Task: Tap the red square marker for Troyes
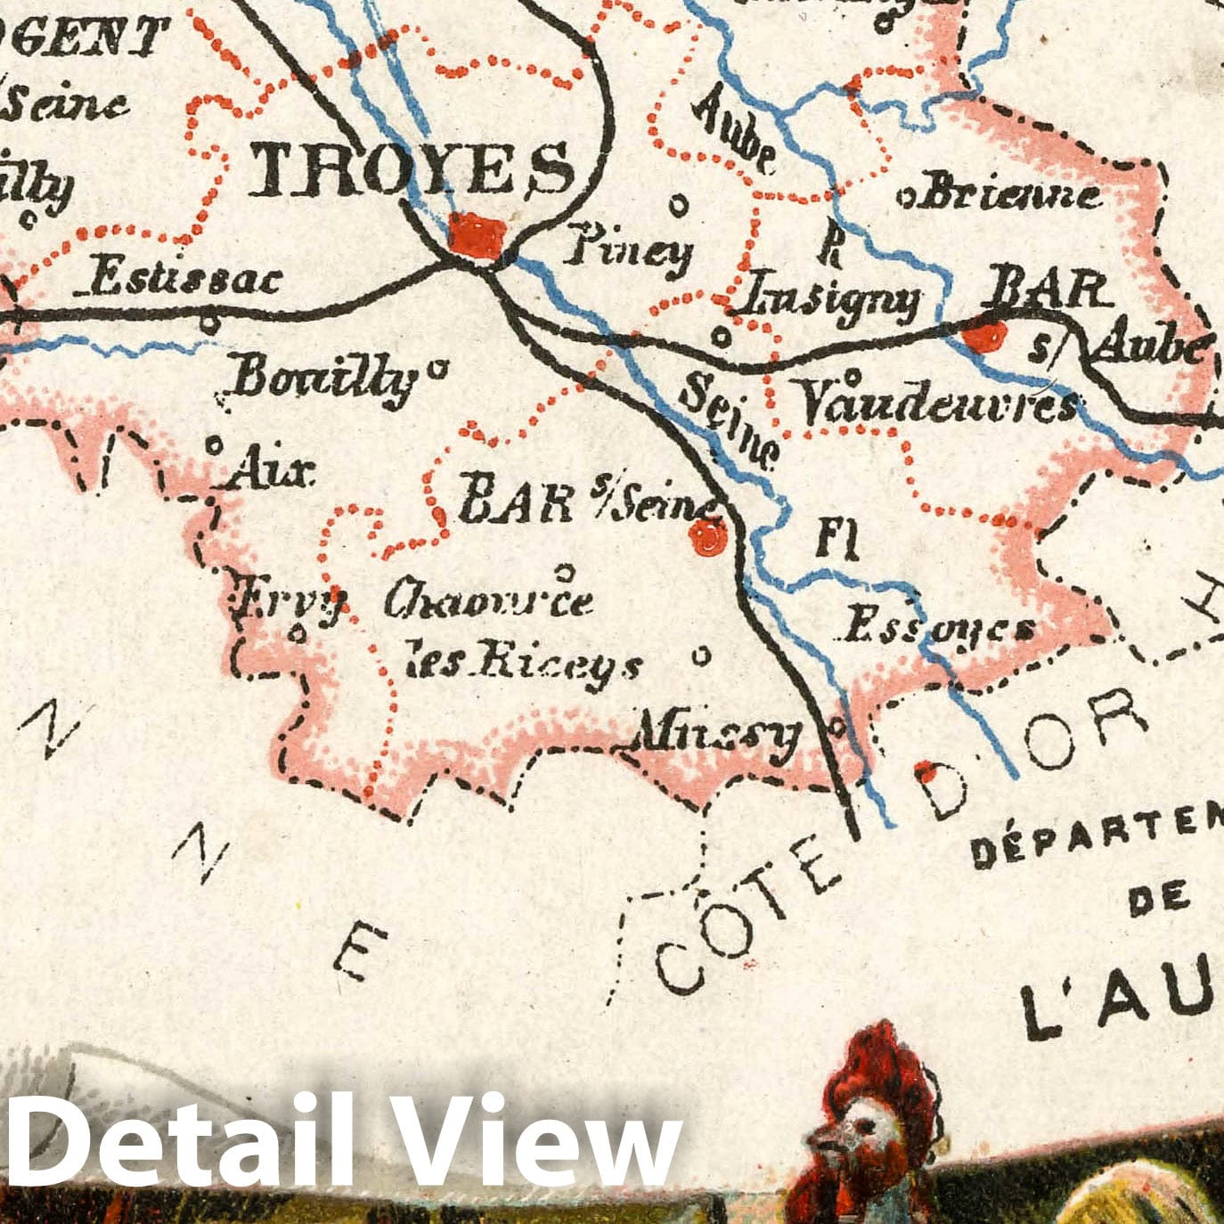point(477,236)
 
